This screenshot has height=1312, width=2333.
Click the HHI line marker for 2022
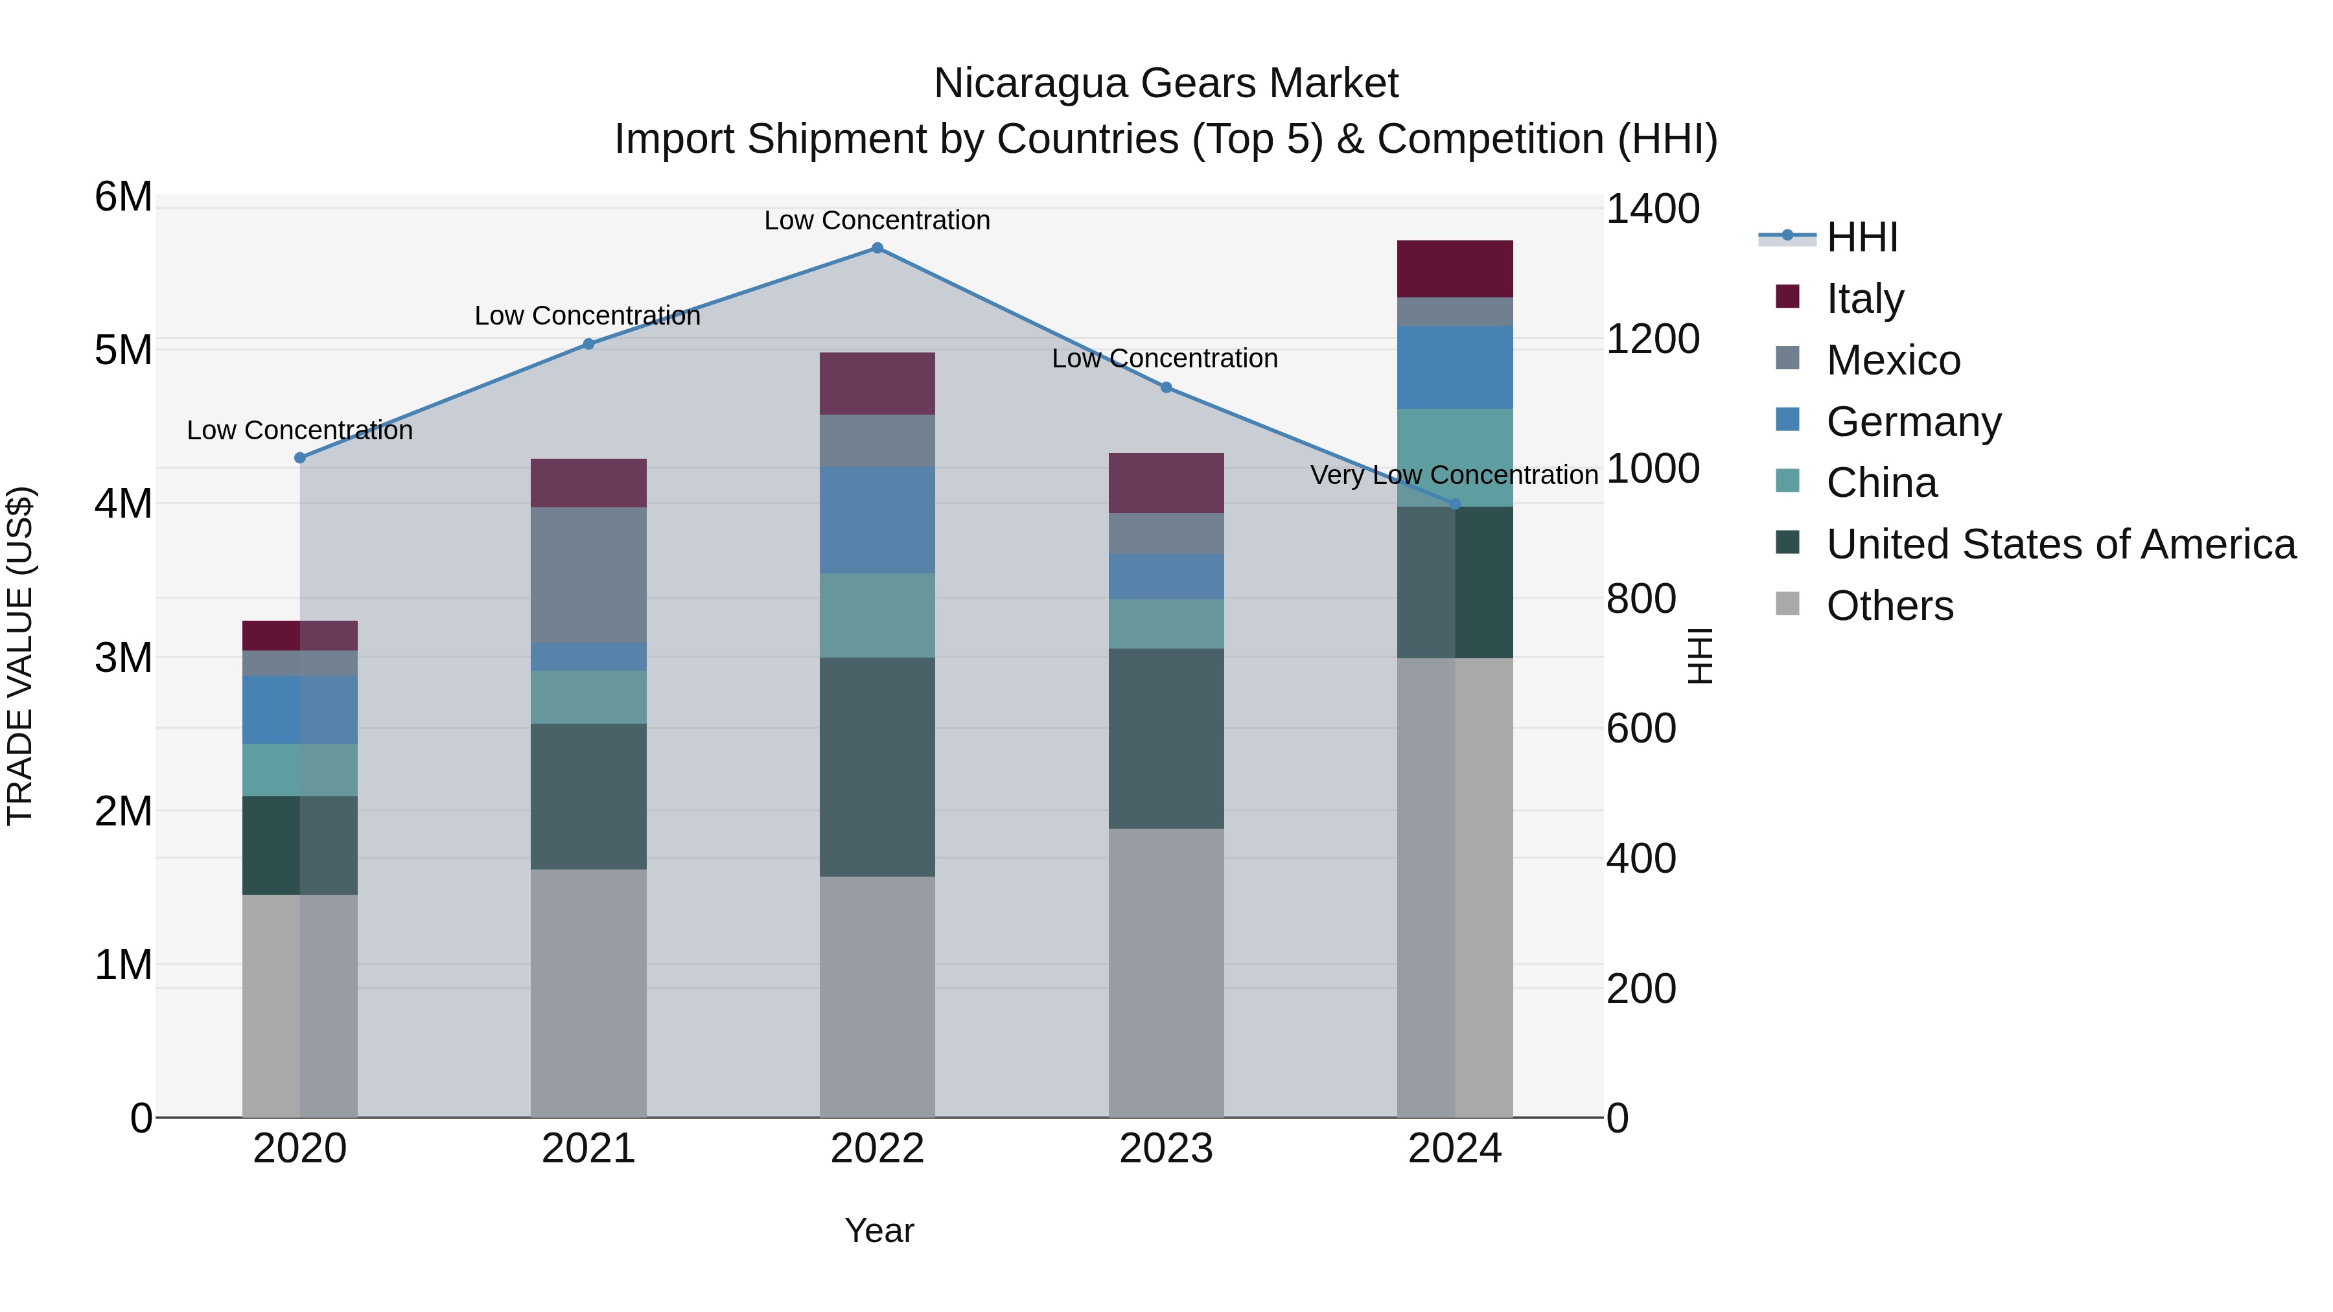coord(877,248)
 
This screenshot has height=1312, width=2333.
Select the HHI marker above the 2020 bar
coord(300,458)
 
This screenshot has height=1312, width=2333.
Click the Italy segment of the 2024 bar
coord(1454,269)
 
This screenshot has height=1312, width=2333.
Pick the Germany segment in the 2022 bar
coord(877,520)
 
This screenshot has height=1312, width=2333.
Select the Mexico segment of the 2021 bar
coord(588,575)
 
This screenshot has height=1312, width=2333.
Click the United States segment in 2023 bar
coord(1166,738)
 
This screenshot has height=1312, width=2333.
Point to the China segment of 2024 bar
coord(1454,457)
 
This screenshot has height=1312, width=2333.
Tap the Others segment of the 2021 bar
coord(588,993)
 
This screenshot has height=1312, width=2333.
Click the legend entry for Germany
coord(1913,422)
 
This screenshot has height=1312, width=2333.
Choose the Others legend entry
coord(1889,606)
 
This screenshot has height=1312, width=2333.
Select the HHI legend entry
coord(1861,237)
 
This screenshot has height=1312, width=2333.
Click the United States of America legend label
coord(2060,544)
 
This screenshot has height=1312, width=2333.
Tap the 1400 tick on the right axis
coord(1652,209)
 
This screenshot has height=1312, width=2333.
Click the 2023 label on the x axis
coord(1166,1149)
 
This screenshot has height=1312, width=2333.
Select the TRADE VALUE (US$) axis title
coord(20,656)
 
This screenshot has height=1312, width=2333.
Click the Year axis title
coord(879,1230)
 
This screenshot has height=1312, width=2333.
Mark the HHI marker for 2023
coord(1166,387)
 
